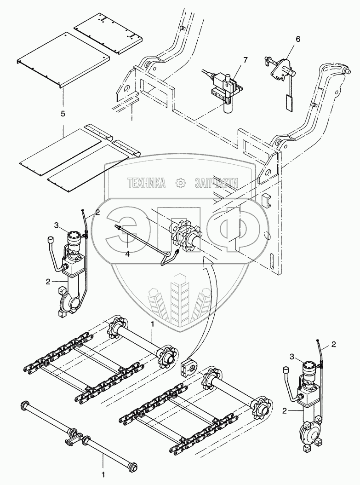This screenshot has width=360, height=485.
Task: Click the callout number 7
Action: pyautogui.click(x=245, y=61)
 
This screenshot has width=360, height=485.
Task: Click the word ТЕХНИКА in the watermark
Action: pyautogui.click(x=147, y=183)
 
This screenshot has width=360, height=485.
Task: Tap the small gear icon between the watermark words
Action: pyautogui.click(x=180, y=183)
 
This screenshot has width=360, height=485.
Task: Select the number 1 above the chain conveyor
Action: pyautogui.click(x=152, y=325)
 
